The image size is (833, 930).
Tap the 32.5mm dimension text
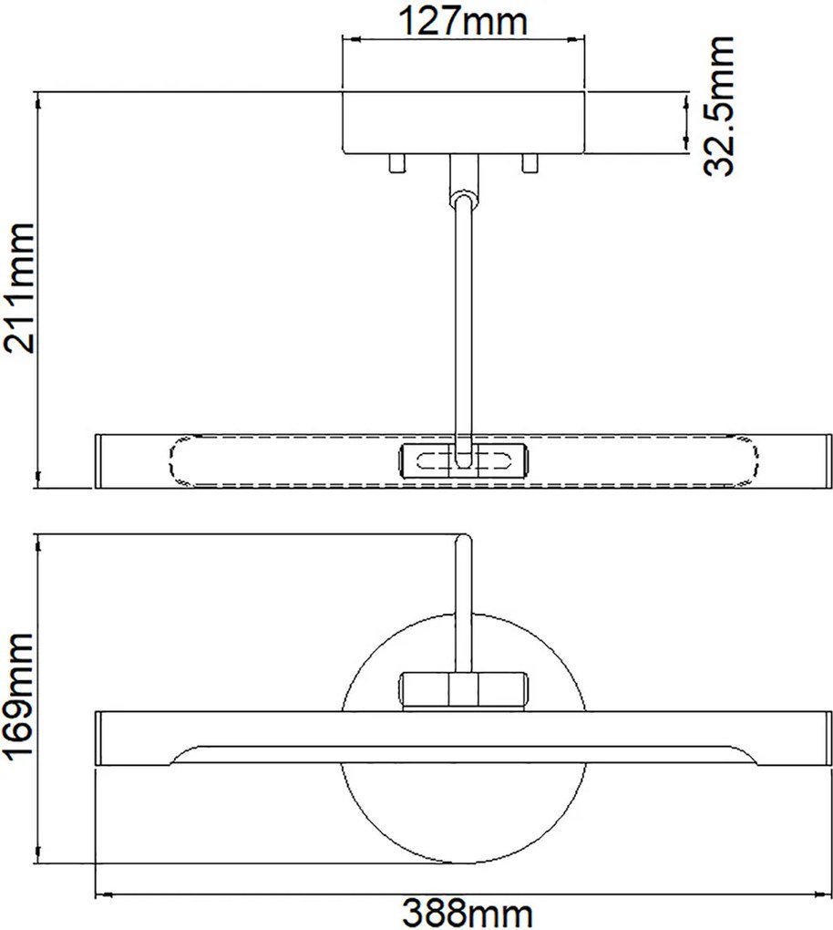pos(718,106)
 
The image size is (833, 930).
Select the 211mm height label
pos(18,288)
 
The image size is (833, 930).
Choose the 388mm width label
pos(468,914)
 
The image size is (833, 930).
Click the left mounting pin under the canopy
pos(396,163)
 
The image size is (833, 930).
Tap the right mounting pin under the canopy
pos(530,163)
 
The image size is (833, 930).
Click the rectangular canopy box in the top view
pos(464,122)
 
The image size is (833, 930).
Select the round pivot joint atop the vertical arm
pos(463,198)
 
